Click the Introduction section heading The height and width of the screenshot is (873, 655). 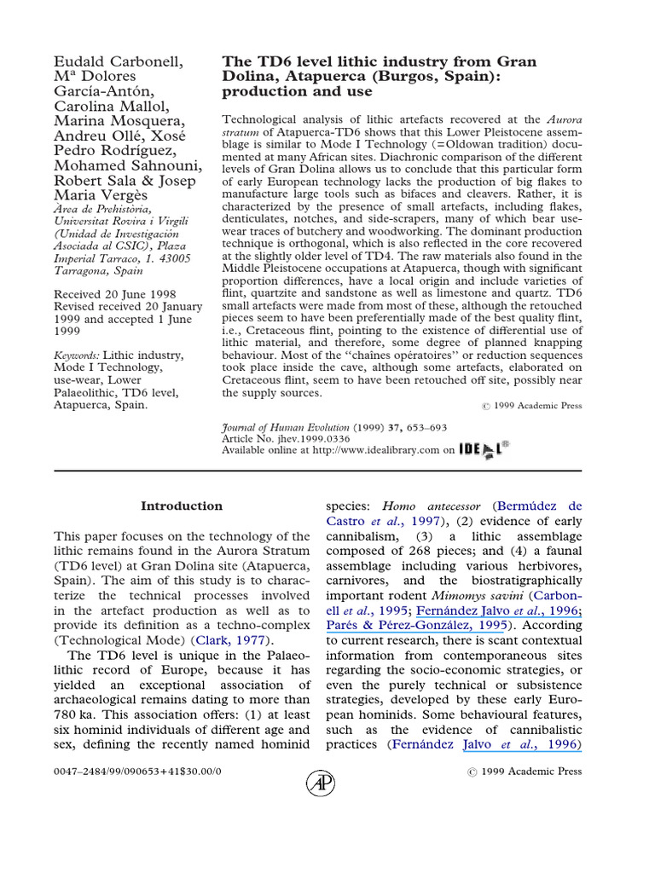tap(182, 506)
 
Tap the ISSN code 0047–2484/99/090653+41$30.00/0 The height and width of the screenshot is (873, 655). tap(137, 771)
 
